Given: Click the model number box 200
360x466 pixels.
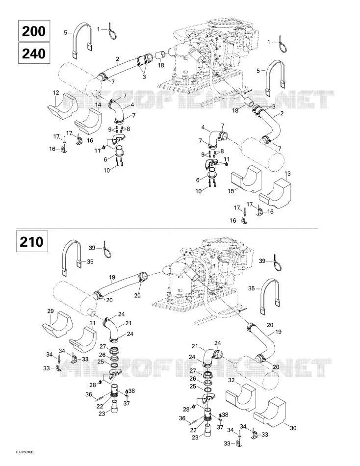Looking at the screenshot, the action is (34, 31).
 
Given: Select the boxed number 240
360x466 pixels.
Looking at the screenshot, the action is (34, 53).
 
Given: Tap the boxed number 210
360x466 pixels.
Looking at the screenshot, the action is (32, 242).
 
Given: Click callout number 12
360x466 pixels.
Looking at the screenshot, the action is (56, 93).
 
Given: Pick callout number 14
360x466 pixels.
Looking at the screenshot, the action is (98, 104).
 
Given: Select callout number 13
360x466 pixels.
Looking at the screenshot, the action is (287, 173).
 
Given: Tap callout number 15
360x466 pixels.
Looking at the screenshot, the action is (231, 191).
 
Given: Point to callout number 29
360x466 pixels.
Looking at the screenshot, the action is (51, 311).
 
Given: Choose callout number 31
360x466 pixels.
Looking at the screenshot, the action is (93, 323).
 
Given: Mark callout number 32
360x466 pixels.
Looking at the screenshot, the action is (231, 380).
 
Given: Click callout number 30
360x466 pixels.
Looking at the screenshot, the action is (293, 428).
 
